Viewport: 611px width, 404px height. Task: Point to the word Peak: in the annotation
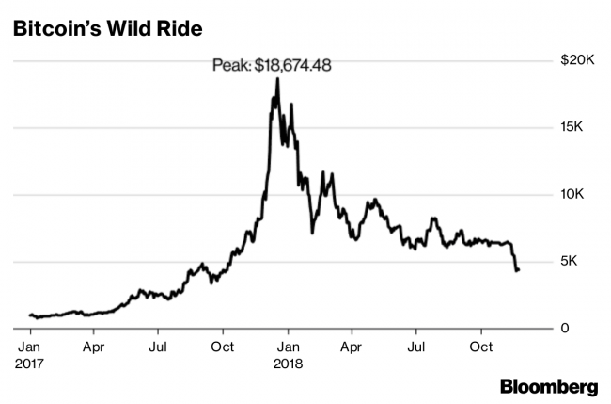click(231, 66)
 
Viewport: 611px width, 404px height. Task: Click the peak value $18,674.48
click(294, 66)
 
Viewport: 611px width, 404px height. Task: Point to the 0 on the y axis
click(563, 328)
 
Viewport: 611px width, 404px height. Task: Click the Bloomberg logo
click(549, 386)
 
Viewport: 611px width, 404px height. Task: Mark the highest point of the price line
click(276, 79)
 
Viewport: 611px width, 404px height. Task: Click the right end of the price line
click(519, 270)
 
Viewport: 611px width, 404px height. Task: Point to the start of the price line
click(30, 315)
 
